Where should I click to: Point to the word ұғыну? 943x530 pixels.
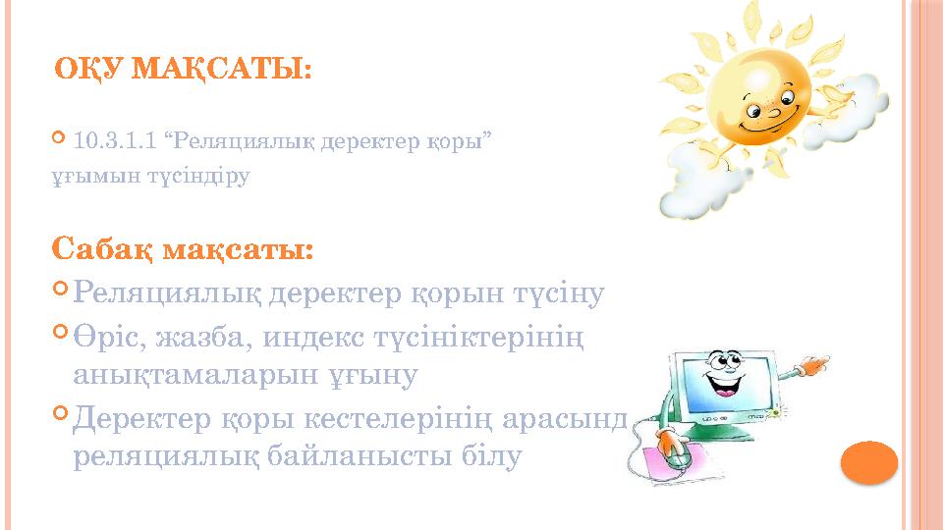tap(377, 375)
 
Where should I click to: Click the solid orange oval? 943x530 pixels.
tap(870, 462)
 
